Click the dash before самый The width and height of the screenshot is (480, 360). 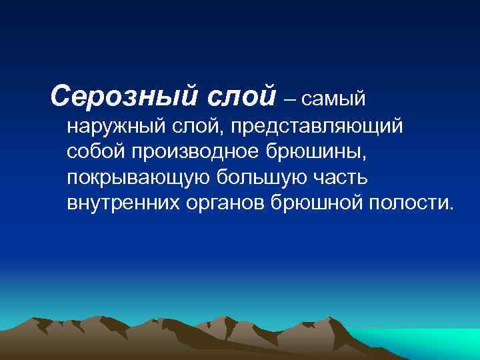[x=290, y=100]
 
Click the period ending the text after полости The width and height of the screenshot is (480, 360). [x=449, y=208]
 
